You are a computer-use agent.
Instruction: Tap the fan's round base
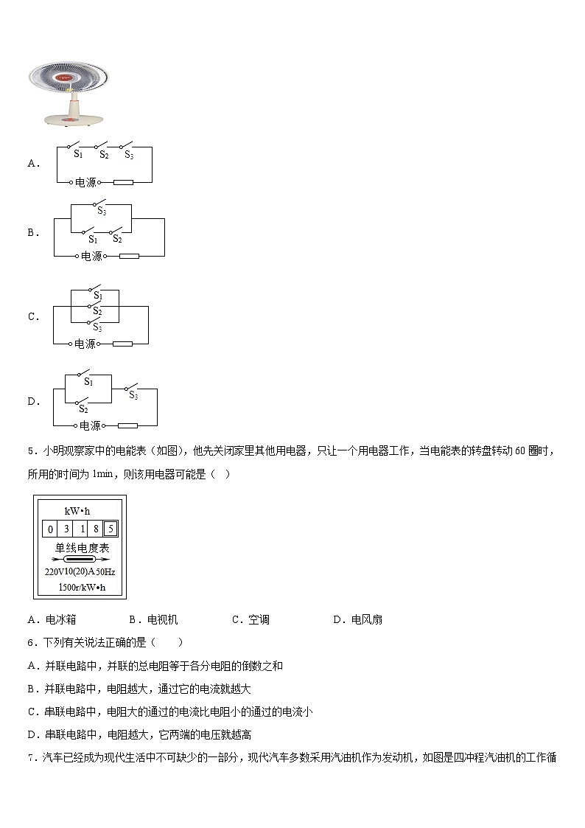pos(74,119)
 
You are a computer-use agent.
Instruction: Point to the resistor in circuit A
pos(123,181)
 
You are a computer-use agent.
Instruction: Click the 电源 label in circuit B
pos(91,257)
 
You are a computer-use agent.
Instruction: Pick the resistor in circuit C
pos(122,344)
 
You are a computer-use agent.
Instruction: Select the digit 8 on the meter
pos(96,529)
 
